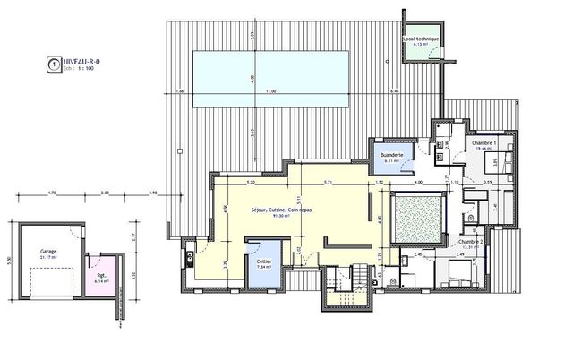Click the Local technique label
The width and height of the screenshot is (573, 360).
[x=420, y=39]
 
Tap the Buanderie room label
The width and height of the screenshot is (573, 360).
[x=392, y=155]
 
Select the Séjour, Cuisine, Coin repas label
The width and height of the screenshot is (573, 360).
[x=281, y=209]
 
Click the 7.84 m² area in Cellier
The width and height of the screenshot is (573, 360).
[x=264, y=267]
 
